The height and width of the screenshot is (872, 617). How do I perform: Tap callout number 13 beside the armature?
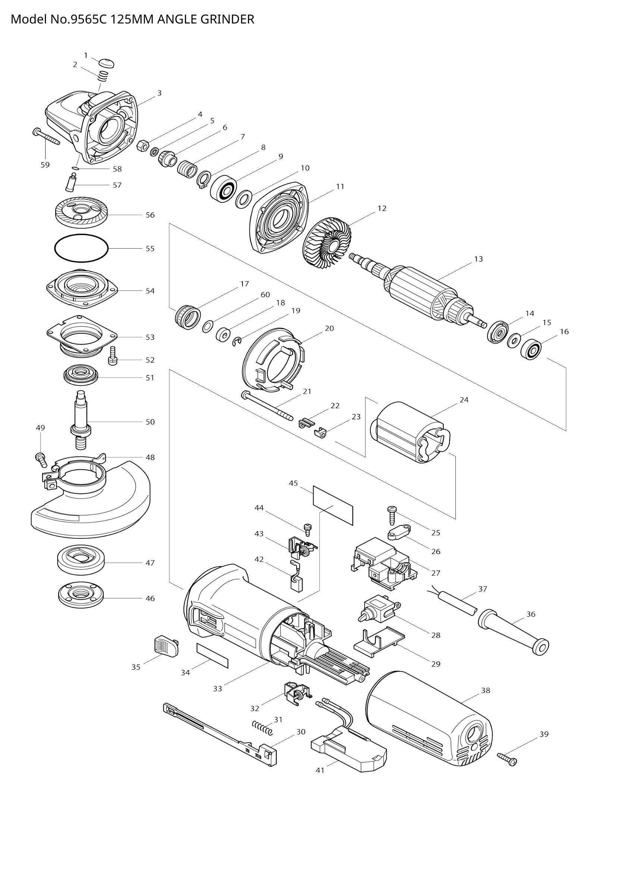[x=478, y=259]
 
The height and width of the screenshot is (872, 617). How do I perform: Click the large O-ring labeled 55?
[x=81, y=248]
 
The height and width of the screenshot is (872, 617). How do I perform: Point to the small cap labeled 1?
[x=107, y=63]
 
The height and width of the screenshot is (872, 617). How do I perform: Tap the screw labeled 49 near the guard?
[x=41, y=459]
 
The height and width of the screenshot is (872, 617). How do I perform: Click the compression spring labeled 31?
[x=263, y=727]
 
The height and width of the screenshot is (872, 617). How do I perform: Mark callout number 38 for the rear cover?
[x=486, y=690]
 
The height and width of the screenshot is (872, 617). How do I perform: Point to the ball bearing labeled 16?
[x=530, y=349]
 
